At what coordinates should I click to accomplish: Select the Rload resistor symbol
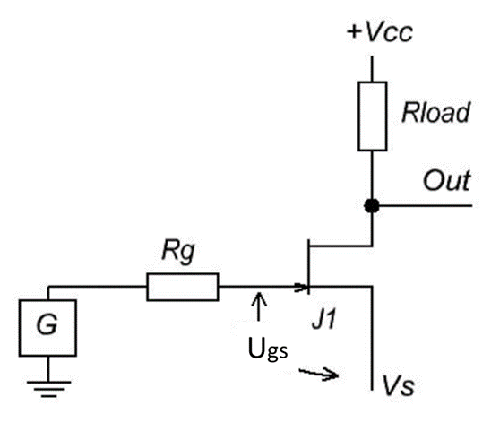370,116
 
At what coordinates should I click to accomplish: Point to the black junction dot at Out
370,205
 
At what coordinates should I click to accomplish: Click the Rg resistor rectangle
182,288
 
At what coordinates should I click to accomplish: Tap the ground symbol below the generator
47,386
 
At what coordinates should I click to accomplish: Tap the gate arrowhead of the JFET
301,288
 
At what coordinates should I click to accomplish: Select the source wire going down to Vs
370,340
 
